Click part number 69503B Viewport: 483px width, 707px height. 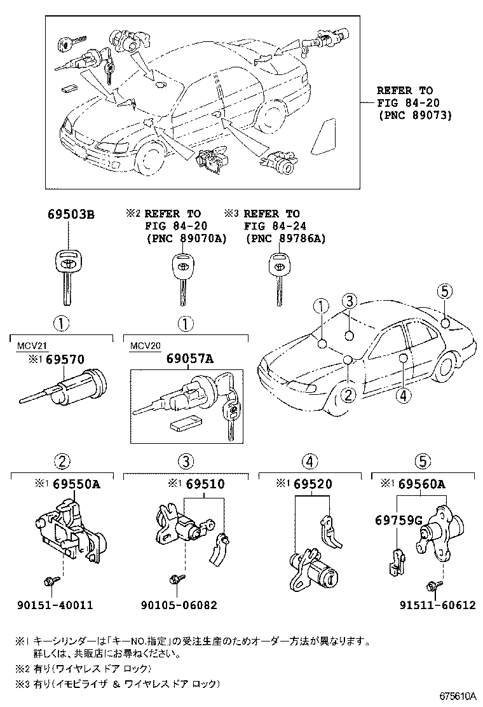pyautogui.click(x=71, y=214)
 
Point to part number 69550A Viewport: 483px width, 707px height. pyautogui.click(x=76, y=485)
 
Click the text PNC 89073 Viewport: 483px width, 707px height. pyautogui.click(x=413, y=115)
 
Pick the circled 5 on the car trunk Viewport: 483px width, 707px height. pyautogui.click(x=444, y=292)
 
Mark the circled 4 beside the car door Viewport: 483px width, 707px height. pyautogui.click(x=403, y=396)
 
